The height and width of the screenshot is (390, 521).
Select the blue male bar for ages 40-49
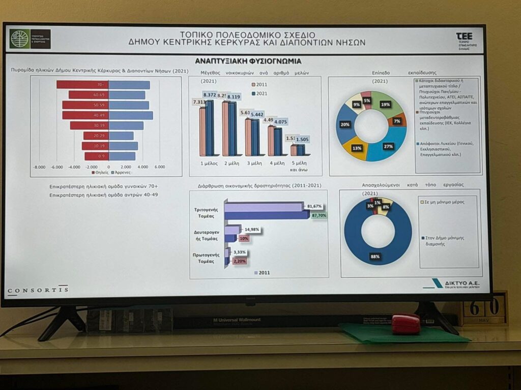pyautogui.click(x=131, y=115)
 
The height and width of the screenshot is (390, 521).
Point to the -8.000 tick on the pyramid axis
pyautogui.click(x=39, y=167)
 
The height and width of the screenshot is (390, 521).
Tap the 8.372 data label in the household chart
pyautogui.click(x=209, y=95)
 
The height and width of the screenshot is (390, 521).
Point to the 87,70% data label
pyautogui.click(x=319, y=215)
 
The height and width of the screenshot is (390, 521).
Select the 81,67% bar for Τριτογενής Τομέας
pyautogui.click(x=264, y=207)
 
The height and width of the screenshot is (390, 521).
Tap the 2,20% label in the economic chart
pyautogui.click(x=239, y=261)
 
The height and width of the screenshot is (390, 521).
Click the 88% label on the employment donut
pyautogui.click(x=375, y=256)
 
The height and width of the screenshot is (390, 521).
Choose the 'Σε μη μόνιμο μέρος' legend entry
pyautogui.click(x=448, y=203)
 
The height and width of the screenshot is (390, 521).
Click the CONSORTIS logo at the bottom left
pyautogui.click(x=38, y=290)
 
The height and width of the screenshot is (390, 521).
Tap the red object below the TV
pyautogui.click(x=406, y=324)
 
